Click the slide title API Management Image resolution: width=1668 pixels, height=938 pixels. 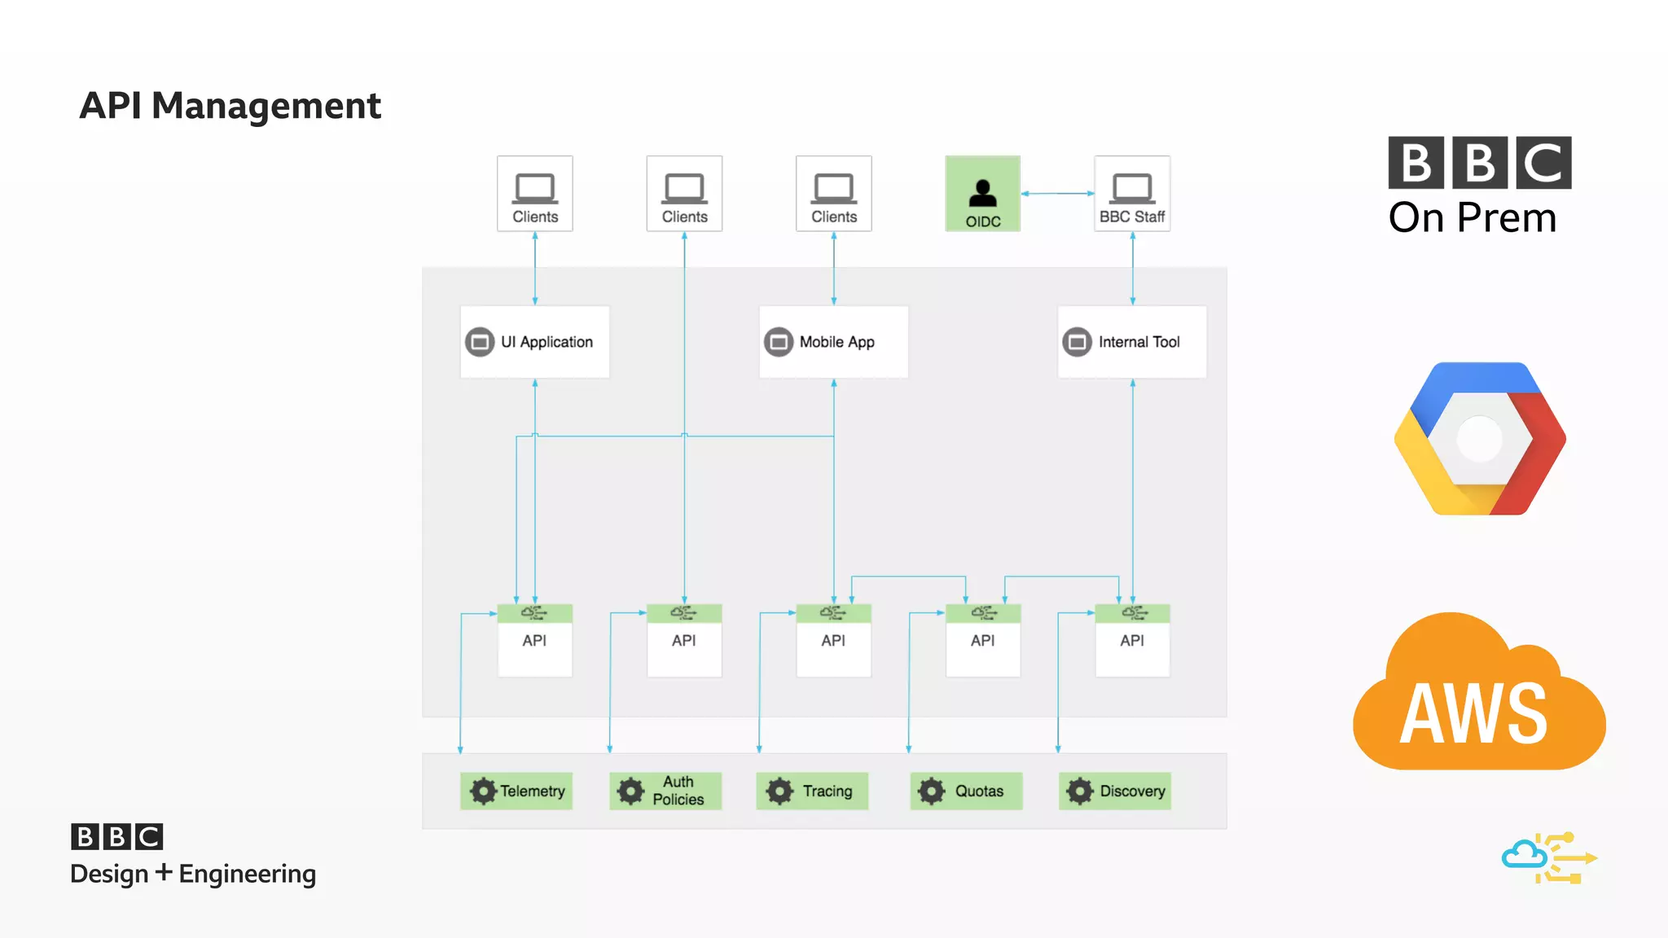[x=230, y=106]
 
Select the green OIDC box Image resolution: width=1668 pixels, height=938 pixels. [x=982, y=194]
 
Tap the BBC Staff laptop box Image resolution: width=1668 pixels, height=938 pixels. [x=1132, y=194]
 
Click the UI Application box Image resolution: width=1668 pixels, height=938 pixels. [x=535, y=342]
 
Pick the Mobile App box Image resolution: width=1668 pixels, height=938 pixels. [x=833, y=342]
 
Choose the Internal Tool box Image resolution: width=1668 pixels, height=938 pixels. [x=1132, y=342]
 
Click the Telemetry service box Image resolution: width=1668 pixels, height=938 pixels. [x=516, y=791]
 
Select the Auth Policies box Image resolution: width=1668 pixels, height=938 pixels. [x=665, y=791]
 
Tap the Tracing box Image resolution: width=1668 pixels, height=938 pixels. [x=812, y=791]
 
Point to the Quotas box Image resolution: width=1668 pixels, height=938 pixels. [x=966, y=791]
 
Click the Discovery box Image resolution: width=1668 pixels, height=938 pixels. [x=1115, y=791]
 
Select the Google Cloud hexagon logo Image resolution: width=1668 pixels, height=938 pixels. [x=1479, y=439]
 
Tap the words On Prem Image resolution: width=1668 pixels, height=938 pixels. [x=1473, y=218]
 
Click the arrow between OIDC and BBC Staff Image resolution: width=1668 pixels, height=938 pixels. [x=1057, y=194]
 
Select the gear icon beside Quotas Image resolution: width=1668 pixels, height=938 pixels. [x=931, y=791]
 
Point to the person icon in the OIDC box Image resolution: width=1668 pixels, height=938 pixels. [x=982, y=193]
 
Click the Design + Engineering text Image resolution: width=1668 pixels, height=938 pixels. [x=193, y=874]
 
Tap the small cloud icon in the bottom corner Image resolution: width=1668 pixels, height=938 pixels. [x=1524, y=856]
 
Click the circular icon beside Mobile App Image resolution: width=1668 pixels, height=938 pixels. [x=778, y=342]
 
